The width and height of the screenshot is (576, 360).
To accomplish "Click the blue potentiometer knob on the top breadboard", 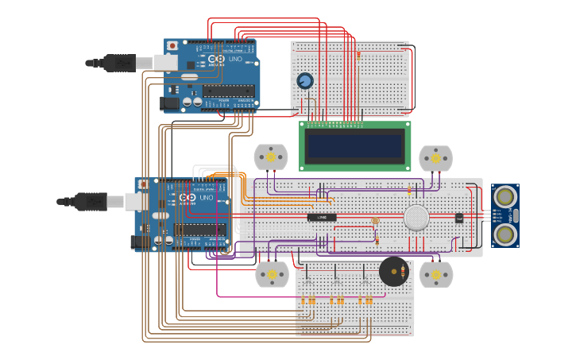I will pyautogui.click(x=304, y=81).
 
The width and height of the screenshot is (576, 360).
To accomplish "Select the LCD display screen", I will pyautogui.click(x=354, y=145).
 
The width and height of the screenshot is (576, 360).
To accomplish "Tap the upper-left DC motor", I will pyautogui.click(x=270, y=157).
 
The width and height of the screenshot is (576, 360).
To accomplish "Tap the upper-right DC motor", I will pyautogui.click(x=435, y=158).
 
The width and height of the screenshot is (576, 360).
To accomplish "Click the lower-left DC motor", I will pyautogui.click(x=272, y=274).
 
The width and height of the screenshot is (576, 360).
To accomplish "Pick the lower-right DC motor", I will pyautogui.click(x=435, y=274).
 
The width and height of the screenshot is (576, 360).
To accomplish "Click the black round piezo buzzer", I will pyautogui.click(x=393, y=273).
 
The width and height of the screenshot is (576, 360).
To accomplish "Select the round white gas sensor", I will pyautogui.click(x=416, y=218).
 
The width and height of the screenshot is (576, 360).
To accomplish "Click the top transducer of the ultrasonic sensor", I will pyautogui.click(x=504, y=197).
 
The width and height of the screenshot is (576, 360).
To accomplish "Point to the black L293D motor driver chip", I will pyautogui.click(x=322, y=217).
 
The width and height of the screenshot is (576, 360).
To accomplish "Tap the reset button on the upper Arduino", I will pyautogui.click(x=172, y=46).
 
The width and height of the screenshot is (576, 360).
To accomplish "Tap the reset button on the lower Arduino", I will pyautogui.click(x=143, y=184).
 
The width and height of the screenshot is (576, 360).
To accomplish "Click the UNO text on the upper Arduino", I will pyautogui.click(x=235, y=59).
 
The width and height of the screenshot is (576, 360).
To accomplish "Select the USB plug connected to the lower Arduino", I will pyautogui.click(x=87, y=202).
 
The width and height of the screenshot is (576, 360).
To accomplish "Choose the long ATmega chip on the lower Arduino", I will pyautogui.click(x=199, y=230).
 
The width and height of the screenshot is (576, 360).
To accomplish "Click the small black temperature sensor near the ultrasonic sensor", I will pyautogui.click(x=458, y=218).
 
